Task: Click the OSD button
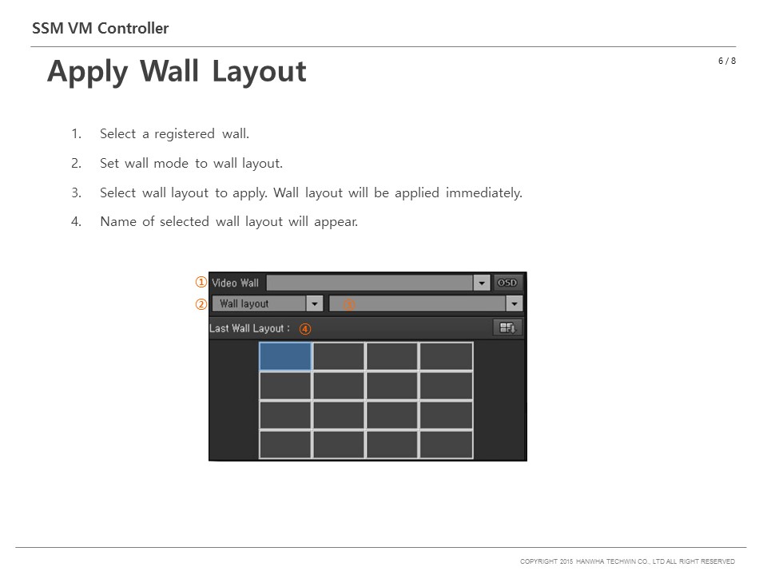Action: coord(507,283)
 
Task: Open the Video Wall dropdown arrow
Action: coord(481,283)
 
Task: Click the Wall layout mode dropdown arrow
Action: coord(315,303)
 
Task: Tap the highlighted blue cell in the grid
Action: coord(285,356)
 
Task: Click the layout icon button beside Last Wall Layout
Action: coord(507,327)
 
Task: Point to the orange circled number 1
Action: coord(201,282)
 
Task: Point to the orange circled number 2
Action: coord(201,304)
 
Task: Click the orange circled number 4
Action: coord(304,329)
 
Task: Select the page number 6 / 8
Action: coord(727,61)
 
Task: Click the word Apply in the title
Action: coord(87,72)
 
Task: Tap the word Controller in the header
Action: coord(133,29)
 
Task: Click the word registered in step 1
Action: coord(185,134)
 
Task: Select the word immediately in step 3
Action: coord(484,192)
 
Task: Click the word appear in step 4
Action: coord(336,222)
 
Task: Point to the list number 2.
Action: coord(77,163)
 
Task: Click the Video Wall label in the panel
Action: coord(235,283)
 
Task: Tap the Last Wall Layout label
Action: coord(249,328)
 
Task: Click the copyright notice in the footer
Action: coord(627,561)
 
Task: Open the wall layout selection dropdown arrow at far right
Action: coord(514,303)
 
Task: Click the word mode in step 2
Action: coord(171,163)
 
